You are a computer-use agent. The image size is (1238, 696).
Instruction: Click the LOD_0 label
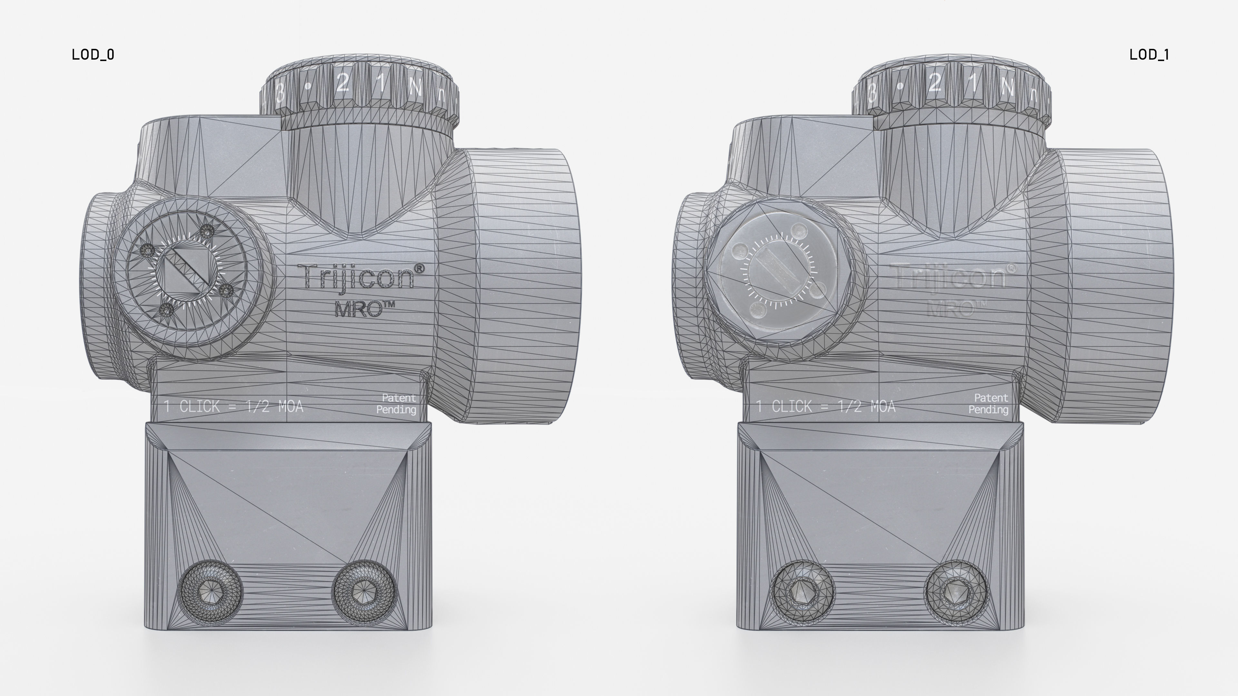93,55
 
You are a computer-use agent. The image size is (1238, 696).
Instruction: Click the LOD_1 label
1149,55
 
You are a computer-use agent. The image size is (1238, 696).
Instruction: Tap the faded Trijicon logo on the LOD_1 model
954,277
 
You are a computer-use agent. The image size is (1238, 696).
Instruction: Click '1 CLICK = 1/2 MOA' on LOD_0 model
233,407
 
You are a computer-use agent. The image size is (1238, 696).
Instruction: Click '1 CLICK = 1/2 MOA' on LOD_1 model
826,407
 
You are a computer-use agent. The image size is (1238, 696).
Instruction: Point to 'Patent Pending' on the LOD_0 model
397,404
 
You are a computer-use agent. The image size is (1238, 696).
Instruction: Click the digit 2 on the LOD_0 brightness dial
343,83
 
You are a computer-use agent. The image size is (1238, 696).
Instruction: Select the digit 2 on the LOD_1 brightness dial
935,83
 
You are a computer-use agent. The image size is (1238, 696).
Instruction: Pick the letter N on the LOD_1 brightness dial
1007,87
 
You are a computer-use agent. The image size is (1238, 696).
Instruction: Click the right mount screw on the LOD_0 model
364,592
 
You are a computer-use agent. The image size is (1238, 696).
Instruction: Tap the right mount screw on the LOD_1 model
955,592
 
